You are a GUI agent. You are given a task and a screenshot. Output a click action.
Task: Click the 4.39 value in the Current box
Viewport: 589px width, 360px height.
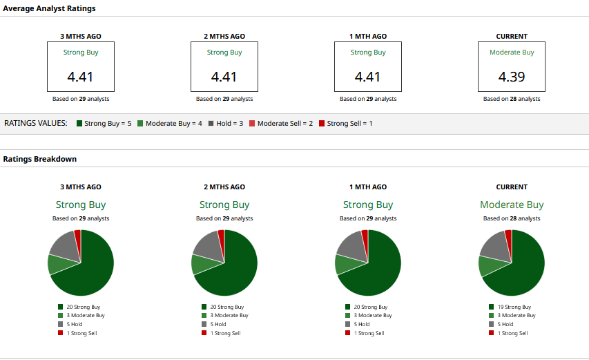tap(512, 77)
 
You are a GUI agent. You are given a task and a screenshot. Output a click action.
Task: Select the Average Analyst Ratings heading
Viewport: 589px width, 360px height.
tap(50, 8)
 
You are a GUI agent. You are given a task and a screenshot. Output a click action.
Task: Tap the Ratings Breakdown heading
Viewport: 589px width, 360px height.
tap(40, 159)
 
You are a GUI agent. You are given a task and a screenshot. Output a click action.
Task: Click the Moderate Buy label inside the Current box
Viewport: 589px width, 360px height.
tap(512, 53)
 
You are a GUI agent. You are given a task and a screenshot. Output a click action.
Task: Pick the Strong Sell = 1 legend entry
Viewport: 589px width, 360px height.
tap(345, 123)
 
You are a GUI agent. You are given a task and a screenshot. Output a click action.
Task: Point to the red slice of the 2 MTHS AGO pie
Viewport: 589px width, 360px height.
tap(221, 236)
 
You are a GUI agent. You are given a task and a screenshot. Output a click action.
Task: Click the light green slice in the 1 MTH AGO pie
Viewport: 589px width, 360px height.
tap(344, 264)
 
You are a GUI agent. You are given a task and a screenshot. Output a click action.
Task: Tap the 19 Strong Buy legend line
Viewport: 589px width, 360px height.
tap(514, 307)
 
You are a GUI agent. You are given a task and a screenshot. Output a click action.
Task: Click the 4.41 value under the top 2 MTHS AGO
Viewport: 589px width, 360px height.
tap(224, 77)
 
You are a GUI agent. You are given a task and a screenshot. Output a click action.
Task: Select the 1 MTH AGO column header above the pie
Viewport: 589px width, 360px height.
tap(368, 187)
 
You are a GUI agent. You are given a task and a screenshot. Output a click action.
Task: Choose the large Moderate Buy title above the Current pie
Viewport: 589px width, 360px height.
tap(512, 205)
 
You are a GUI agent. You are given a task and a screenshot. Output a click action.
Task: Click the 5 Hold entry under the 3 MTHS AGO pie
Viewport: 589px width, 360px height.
tap(74, 324)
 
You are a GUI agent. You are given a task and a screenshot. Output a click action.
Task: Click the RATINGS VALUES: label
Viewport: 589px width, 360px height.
tap(36, 123)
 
